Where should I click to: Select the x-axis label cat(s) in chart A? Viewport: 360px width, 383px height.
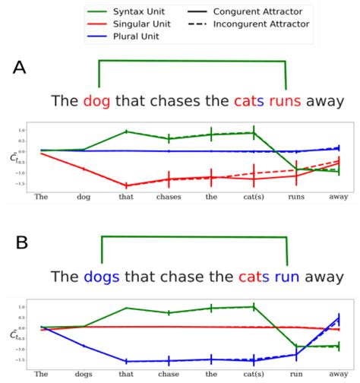(253, 196)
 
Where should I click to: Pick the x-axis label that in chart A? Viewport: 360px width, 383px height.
(125, 196)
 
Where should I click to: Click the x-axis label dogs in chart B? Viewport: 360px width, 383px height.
(83, 373)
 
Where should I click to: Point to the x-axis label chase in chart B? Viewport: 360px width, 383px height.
(168, 373)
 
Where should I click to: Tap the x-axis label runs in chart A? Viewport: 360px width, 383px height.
(295, 196)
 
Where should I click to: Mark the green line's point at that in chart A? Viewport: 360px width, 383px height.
(125, 131)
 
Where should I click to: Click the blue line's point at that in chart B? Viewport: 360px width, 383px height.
(125, 361)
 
